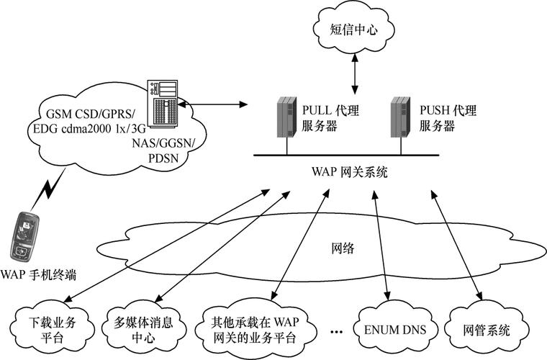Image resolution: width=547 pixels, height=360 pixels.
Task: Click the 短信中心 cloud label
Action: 353,30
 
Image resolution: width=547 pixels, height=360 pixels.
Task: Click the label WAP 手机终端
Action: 37,274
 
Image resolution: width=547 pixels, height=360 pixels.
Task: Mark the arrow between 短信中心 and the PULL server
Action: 353,71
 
